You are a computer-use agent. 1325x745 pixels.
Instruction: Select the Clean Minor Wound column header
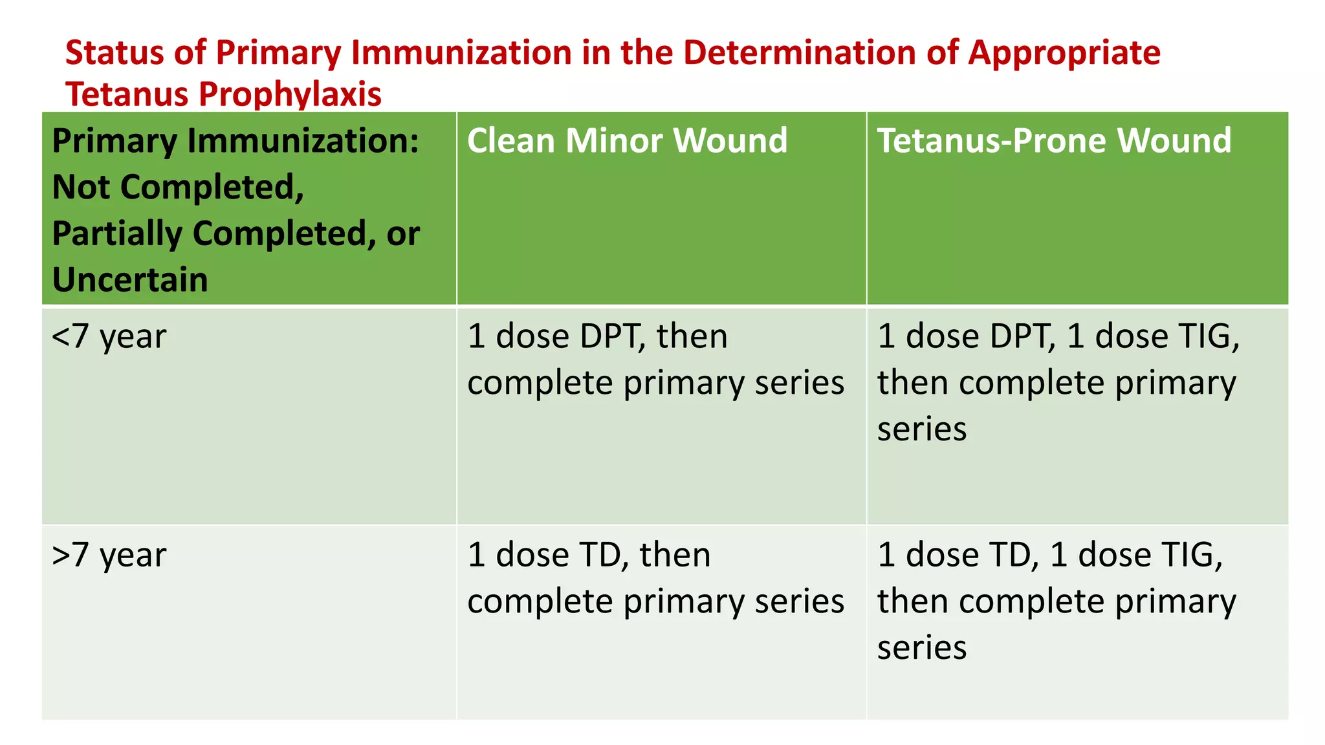627,141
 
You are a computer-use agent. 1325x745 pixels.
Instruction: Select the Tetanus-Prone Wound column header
1054,141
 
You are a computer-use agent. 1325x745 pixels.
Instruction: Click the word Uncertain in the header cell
130,280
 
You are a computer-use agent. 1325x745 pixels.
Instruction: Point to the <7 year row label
109,337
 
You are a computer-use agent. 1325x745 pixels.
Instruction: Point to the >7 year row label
109,556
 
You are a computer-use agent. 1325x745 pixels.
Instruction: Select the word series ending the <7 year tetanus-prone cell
922,429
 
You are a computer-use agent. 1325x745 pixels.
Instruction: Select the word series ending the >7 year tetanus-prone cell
922,648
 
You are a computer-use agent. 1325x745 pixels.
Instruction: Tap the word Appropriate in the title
1064,53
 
